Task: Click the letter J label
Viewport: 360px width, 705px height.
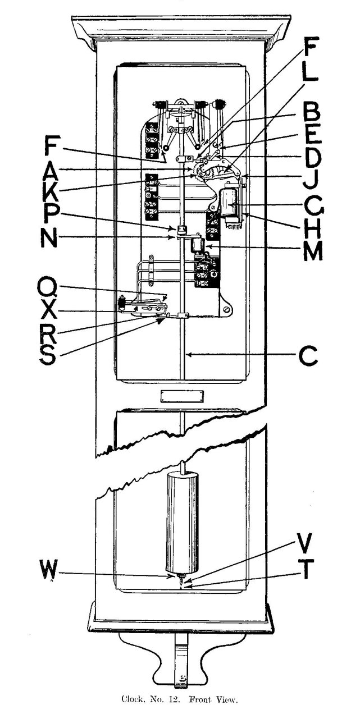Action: click(x=309, y=182)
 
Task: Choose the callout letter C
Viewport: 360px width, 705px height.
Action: click(x=309, y=356)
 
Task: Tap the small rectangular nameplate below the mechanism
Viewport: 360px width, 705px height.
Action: click(x=181, y=396)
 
